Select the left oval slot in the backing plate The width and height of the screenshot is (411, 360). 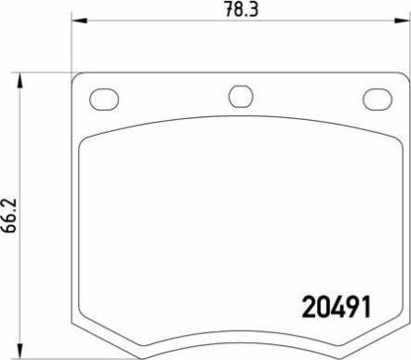[102, 97]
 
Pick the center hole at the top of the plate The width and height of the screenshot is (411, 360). [240, 96]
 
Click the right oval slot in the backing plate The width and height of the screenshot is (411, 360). [378, 97]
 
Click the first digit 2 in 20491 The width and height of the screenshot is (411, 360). [310, 306]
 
